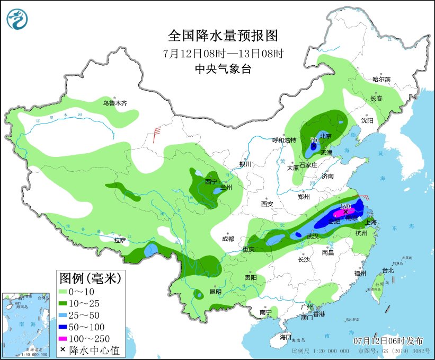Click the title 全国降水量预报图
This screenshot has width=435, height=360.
pyautogui.click(x=223, y=36)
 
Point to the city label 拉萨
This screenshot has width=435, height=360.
pyautogui.click(x=120, y=240)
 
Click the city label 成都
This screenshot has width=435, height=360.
pyautogui.click(x=228, y=239)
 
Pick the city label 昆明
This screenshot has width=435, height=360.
pyautogui.click(x=216, y=292)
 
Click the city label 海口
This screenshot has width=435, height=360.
pyautogui.click(x=286, y=337)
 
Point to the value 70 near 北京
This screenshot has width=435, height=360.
pyautogui.click(x=313, y=141)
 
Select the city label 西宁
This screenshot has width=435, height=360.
pyautogui.click(x=211, y=181)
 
